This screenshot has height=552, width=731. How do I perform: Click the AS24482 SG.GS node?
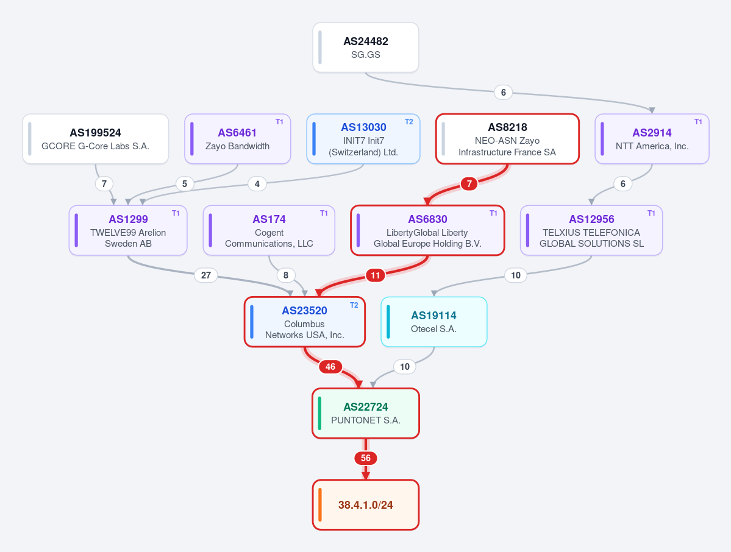tap(366, 48)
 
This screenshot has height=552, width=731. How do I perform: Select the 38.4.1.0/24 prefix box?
tap(366, 505)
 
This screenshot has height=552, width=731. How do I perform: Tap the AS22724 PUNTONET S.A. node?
tap(366, 413)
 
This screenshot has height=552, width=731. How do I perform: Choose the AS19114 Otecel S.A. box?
tap(434, 322)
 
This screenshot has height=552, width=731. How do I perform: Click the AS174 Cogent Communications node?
tap(269, 230)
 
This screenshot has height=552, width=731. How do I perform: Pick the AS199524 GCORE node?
tap(96, 139)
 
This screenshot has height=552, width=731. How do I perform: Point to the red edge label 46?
tap(330, 367)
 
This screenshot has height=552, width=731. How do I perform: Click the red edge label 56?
tap(366, 458)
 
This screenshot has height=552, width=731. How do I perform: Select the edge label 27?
tap(205, 275)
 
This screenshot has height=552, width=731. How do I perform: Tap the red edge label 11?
tap(376, 275)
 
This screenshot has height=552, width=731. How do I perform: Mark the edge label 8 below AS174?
tap(286, 275)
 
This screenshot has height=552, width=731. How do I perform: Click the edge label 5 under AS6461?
tap(185, 184)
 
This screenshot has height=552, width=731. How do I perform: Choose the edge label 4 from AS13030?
tap(257, 184)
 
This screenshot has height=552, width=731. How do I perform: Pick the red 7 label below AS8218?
tap(469, 184)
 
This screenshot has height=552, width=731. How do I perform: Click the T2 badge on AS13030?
tap(409, 122)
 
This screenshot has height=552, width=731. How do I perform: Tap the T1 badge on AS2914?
tap(698, 122)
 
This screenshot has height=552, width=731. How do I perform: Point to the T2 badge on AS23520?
tap(354, 305)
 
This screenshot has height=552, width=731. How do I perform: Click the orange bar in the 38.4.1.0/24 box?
tap(320, 505)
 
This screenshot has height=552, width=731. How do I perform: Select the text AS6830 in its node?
tap(427, 219)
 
